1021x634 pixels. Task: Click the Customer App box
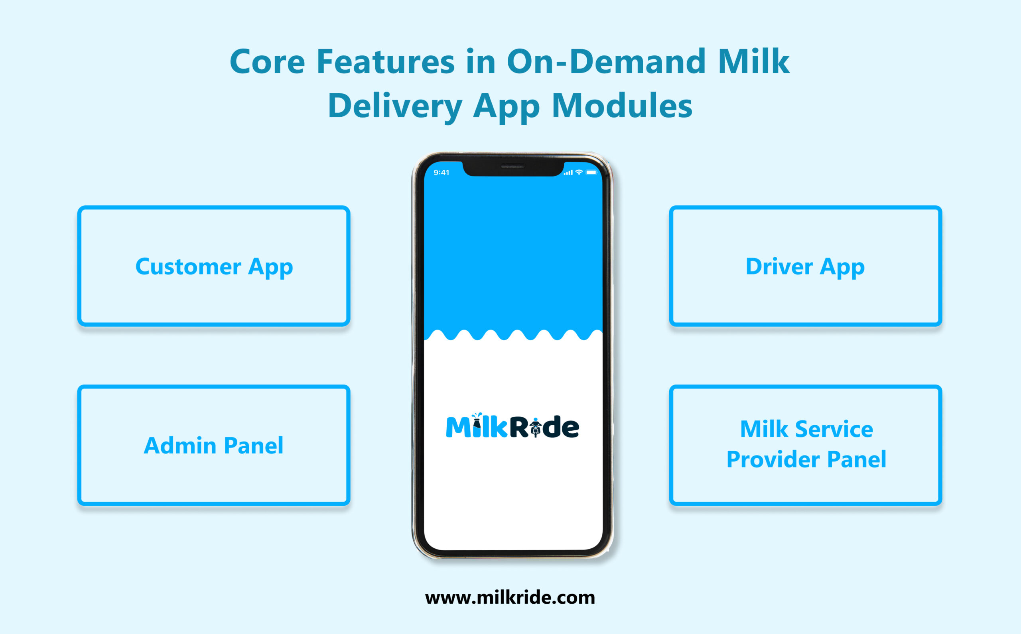(214, 266)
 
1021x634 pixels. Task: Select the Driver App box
(805, 266)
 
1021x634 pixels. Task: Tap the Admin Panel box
(214, 445)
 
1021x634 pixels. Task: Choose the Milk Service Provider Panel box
(805, 445)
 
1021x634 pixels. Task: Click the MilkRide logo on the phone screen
(512, 426)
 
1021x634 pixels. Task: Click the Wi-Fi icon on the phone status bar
(579, 172)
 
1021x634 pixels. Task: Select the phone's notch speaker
(512, 167)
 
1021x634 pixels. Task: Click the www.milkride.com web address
(510, 597)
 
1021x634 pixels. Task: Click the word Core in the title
(267, 62)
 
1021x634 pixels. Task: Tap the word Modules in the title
(622, 106)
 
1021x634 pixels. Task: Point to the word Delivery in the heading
(395, 106)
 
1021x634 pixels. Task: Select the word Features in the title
(386, 62)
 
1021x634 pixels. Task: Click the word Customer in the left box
(188, 267)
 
